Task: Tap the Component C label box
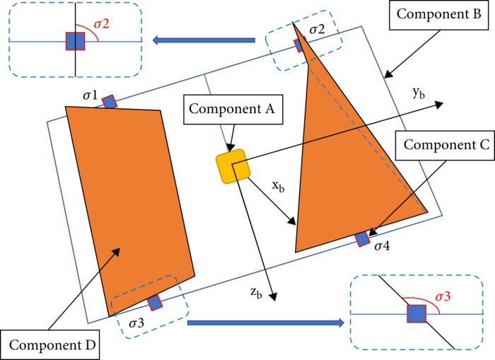445,146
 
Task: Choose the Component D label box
50,346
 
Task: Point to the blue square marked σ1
110,102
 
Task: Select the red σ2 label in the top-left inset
102,23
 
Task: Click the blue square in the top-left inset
75,41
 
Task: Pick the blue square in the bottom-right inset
417,314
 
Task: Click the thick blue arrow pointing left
204,40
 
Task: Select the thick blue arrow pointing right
265,323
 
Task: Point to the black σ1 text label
90,95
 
